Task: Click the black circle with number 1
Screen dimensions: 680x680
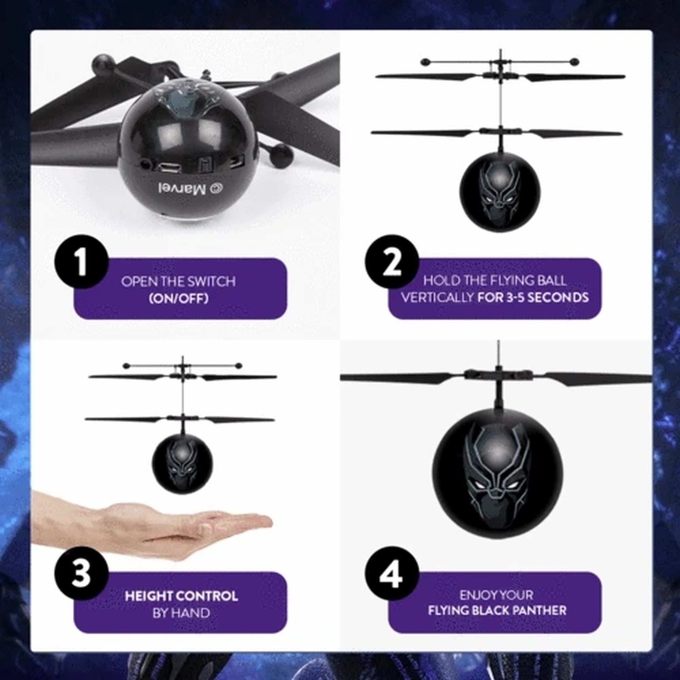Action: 81,262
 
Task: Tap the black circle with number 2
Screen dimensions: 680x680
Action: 392,262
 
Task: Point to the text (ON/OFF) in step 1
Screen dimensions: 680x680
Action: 179,299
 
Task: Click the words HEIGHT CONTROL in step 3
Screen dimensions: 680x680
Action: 181,596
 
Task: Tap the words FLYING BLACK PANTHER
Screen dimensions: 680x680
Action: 497,610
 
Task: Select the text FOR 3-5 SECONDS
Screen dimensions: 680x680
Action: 533,298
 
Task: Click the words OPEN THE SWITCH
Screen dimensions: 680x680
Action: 178,282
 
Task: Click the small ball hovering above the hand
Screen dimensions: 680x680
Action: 182,464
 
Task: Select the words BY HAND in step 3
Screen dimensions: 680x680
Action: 181,613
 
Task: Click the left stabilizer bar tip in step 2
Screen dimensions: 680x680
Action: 425,62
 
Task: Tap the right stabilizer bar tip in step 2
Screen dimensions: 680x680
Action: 574,62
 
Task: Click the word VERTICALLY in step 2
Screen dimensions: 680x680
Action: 437,298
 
